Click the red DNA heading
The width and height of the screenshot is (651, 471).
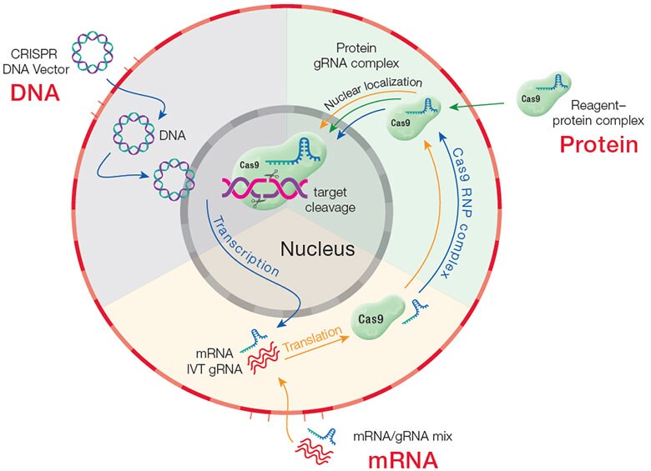pyautogui.click(x=35, y=93)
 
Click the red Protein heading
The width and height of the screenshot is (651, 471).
pyautogui.click(x=598, y=145)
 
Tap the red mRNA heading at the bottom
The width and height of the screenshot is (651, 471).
pyautogui.click(x=403, y=460)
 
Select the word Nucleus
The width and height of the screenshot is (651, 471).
pyautogui.click(x=318, y=248)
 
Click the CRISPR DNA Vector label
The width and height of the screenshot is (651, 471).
pyautogui.click(x=35, y=62)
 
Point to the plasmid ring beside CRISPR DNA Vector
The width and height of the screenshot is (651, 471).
pyautogui.click(x=93, y=52)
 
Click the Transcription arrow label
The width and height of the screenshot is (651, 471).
pyautogui.click(x=245, y=246)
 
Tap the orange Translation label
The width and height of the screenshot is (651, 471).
pyautogui.click(x=313, y=338)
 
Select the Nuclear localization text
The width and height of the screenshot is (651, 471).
pyautogui.click(x=372, y=93)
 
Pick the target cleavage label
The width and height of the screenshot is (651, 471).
pyautogui.click(x=330, y=199)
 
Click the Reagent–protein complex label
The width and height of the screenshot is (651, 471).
pyautogui.click(x=598, y=113)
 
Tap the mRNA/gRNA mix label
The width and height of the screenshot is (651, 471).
pyautogui.click(x=402, y=436)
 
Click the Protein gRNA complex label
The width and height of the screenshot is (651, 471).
pyautogui.click(x=356, y=56)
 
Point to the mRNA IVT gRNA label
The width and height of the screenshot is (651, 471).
pyautogui.click(x=214, y=361)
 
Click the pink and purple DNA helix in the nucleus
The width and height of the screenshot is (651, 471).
pyautogui.click(x=265, y=188)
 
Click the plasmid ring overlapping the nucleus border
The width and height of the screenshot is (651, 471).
pyautogui.click(x=174, y=180)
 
